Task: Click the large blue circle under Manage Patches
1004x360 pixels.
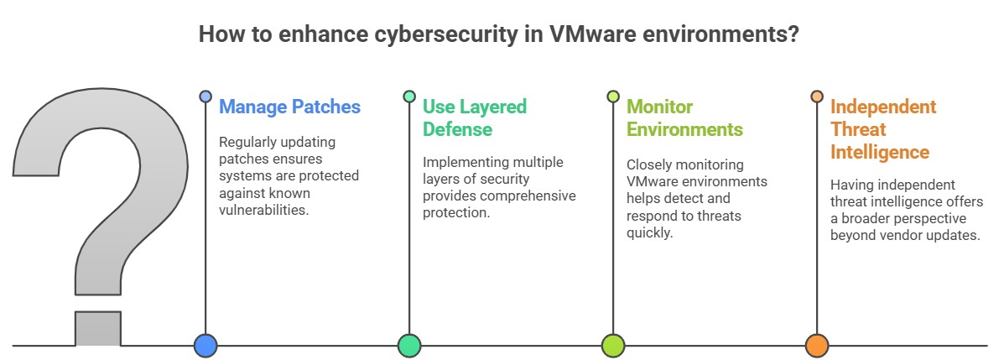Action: [205, 345]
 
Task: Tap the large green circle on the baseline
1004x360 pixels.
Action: [409, 345]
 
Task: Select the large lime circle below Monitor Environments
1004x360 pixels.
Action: [613, 345]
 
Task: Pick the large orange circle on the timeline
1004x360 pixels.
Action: [817, 345]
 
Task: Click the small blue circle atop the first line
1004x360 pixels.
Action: [205, 97]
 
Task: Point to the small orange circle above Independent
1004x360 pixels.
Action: [817, 97]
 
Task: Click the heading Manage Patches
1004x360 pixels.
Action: [289, 107]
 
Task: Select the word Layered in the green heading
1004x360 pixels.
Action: [491, 107]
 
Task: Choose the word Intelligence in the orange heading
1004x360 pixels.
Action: [879, 152]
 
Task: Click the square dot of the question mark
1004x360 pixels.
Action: [98, 327]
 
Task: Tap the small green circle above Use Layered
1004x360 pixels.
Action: [409, 97]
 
